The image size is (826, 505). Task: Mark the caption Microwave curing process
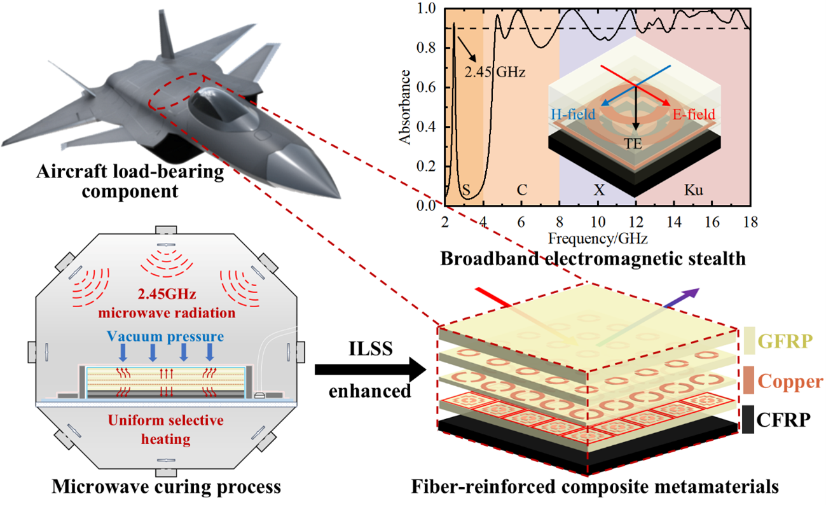click(x=166, y=488)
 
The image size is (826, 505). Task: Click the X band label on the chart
click(x=598, y=190)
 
